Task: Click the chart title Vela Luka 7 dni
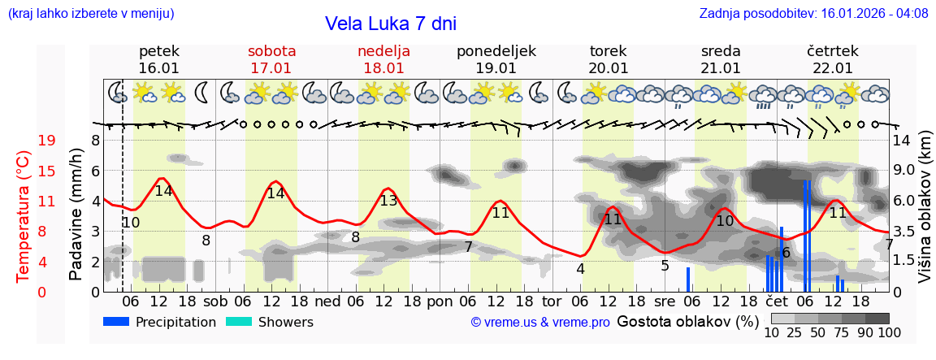point(390,24)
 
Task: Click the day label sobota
point(271,51)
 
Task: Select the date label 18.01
point(383,68)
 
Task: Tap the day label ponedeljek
point(496,51)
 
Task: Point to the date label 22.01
point(833,68)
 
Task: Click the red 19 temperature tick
point(46,141)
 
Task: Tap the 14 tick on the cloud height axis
point(901,141)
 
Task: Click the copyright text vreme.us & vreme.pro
point(539,323)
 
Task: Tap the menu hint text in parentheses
point(91,13)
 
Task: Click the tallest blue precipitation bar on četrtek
point(806,236)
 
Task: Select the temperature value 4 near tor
point(580,269)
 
